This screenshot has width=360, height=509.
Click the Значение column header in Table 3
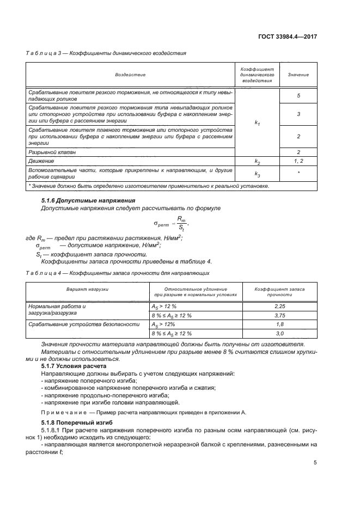298,75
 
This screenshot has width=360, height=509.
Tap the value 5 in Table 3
298,96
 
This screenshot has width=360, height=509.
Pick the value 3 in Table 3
298,115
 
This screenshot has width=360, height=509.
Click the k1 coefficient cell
257,124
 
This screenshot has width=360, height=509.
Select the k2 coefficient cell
257,162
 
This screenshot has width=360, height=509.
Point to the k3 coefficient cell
257,174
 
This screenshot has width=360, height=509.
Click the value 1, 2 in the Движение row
298,162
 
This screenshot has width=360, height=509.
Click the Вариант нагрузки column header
88,290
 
